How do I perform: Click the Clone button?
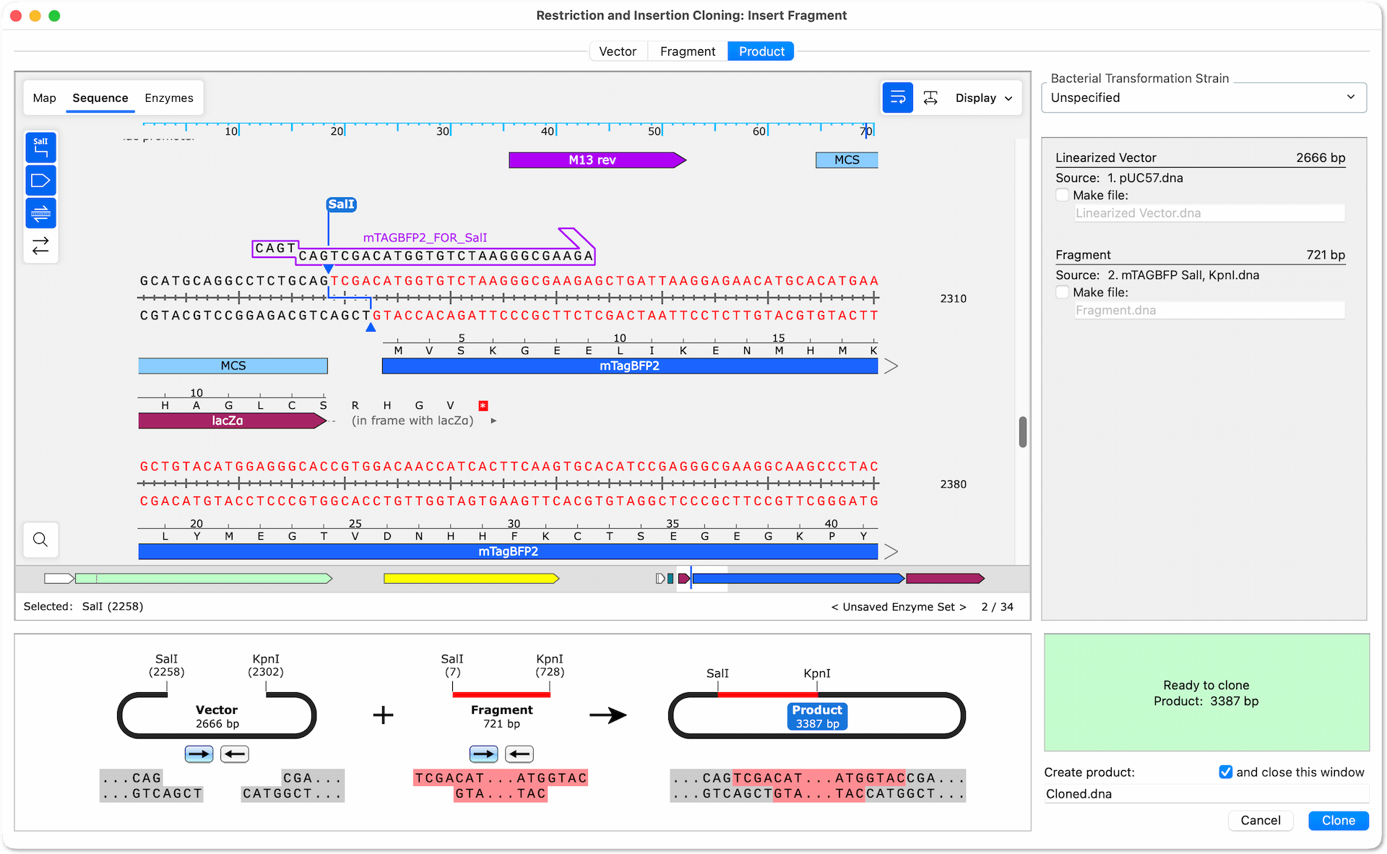1338,820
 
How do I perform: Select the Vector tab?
618,51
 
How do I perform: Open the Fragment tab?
687,51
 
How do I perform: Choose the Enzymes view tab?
169,98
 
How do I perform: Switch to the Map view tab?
44,98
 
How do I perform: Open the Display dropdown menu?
983,98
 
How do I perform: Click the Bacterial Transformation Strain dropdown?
1204,98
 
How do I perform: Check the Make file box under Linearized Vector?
1062,195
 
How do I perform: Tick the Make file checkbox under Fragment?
1062,292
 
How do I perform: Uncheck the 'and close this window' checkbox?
1226,772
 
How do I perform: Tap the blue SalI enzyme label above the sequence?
341,204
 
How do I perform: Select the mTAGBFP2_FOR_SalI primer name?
425,238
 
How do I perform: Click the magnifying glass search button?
40,540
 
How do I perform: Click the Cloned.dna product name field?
1206,794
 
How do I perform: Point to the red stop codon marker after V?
483,406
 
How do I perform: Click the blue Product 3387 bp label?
817,716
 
